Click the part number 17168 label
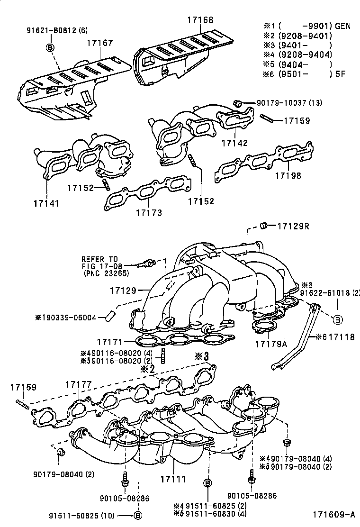point(200,20)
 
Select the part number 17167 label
point(99,43)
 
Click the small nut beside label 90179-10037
point(239,102)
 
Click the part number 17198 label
point(289,175)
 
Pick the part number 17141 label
point(46,203)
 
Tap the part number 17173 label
point(149,213)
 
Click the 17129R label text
point(293,226)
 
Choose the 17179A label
point(271,344)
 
